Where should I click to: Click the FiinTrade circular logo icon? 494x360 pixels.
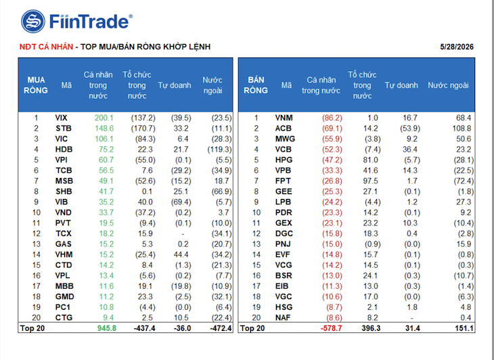pyautogui.click(x=33, y=22)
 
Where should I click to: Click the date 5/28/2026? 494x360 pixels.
pyautogui.click(x=457, y=47)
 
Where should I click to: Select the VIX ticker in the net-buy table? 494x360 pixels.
pyautogui.click(x=61, y=118)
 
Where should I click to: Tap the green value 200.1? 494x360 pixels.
pyautogui.click(x=104, y=118)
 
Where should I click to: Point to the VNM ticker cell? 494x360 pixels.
pyautogui.click(x=284, y=118)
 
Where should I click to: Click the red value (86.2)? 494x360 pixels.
pyautogui.click(x=332, y=118)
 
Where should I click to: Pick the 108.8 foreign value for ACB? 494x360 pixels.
pyautogui.click(x=462, y=129)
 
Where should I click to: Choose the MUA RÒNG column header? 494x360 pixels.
pyautogui.click(x=36, y=85)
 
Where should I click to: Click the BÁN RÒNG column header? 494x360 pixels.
pyautogui.click(x=256, y=85)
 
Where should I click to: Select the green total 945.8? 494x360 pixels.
pyautogui.click(x=107, y=328)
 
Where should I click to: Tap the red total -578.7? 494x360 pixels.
pyautogui.click(x=332, y=328)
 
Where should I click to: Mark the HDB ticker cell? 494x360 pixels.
pyautogui.click(x=64, y=150)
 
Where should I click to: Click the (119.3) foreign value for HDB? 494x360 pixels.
pyautogui.click(x=219, y=150)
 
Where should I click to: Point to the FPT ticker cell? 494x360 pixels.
pyautogui.click(x=283, y=181)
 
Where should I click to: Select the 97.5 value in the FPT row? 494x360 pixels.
pyautogui.click(x=371, y=181)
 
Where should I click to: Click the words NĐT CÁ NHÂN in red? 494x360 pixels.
pyautogui.click(x=46, y=47)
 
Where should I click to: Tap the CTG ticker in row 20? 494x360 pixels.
pyautogui.click(x=64, y=317)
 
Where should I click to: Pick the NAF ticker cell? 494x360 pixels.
pyautogui.click(x=283, y=317)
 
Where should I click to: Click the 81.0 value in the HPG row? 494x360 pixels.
pyautogui.click(x=371, y=160)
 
